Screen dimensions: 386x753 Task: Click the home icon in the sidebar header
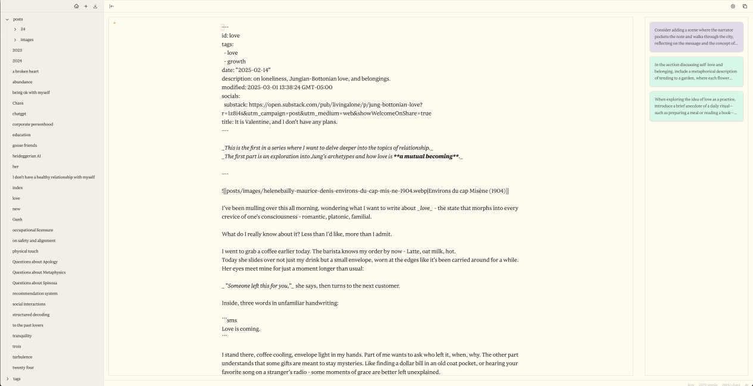[x=76, y=6]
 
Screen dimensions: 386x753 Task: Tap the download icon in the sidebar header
[x=95, y=6]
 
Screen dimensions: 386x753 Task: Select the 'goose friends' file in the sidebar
[x=24, y=145]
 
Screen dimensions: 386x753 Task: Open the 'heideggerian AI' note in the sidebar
[x=27, y=156]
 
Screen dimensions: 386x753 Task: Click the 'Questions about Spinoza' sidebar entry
[x=35, y=283]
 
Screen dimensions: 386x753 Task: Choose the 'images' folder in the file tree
[x=27, y=40]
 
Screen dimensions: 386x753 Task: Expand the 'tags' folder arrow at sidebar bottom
[x=8, y=379]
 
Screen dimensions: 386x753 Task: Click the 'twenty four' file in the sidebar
[x=23, y=368]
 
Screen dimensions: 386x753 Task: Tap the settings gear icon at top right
[x=733, y=6]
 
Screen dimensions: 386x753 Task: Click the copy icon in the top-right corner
[x=745, y=6]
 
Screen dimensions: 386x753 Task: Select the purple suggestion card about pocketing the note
[x=696, y=37]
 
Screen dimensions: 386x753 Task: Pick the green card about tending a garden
[x=696, y=71]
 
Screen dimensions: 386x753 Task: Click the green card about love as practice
[x=696, y=106]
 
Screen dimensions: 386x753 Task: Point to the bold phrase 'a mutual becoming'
[x=426, y=156]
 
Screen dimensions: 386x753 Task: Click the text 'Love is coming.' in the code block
[x=240, y=329]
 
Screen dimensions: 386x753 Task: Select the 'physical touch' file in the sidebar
[x=25, y=251]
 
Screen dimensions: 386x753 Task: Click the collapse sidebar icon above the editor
[x=111, y=6]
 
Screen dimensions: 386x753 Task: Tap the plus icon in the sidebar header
[x=86, y=6]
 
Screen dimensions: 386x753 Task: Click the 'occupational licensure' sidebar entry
[x=33, y=230]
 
